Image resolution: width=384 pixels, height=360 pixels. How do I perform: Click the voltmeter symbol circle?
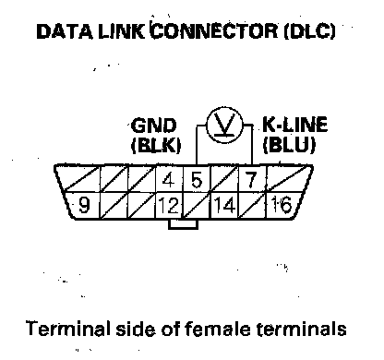(x=224, y=108)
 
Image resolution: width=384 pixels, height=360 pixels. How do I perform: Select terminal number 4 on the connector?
(x=168, y=180)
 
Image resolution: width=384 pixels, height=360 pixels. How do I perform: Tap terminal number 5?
(x=197, y=180)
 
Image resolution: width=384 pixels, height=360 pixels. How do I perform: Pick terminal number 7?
(x=251, y=180)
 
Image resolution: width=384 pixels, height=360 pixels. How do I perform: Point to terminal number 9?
(x=84, y=205)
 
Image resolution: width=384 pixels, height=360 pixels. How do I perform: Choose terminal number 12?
(x=168, y=205)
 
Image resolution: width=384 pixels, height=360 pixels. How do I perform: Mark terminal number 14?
(x=224, y=205)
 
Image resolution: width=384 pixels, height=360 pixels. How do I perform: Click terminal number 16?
(x=282, y=205)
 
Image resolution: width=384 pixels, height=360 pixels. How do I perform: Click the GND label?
(x=154, y=126)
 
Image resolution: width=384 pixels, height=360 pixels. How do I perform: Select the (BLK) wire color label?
(x=156, y=144)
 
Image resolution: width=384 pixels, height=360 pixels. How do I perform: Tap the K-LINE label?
(x=294, y=125)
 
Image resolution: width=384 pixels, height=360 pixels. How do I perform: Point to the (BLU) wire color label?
(x=289, y=144)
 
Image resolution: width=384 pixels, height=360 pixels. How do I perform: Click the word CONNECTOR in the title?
(x=215, y=30)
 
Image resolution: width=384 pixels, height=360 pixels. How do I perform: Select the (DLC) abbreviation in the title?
(x=309, y=31)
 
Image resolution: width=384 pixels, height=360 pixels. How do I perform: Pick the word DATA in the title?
(x=65, y=31)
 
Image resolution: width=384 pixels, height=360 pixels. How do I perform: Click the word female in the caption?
(x=217, y=329)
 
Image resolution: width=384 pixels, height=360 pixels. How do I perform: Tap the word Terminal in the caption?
(x=68, y=328)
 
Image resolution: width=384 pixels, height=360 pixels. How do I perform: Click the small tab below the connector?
(x=183, y=224)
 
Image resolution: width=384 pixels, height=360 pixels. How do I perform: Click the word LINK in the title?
(x=121, y=31)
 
